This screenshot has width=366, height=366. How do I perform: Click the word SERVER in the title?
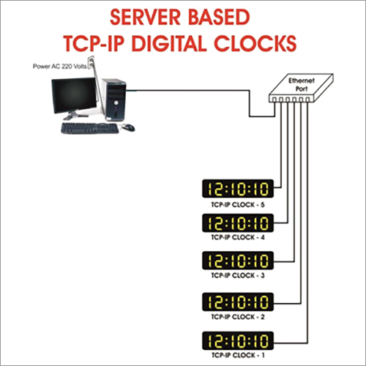pos(146,18)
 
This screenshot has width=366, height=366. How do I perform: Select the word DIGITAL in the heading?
pos(169,43)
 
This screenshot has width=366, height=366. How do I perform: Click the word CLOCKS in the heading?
pos(255,43)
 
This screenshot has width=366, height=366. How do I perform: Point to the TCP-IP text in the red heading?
pos(94,43)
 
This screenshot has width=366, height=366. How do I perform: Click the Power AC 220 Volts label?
pos(59,67)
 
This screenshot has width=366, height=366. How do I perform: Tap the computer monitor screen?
pos(74,95)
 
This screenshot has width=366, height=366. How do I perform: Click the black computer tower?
pos(114,100)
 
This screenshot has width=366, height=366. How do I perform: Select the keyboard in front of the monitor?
pos(90,128)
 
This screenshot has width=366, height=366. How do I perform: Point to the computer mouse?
pos(128,127)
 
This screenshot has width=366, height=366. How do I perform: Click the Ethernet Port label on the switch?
pos(302,84)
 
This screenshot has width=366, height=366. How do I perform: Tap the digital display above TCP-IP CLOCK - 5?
pos(238,189)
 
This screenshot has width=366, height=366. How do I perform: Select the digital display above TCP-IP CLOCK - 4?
pos(238,223)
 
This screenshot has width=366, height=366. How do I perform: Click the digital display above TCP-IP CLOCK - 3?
pos(238,261)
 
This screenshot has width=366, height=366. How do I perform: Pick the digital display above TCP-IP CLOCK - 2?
pos(238,302)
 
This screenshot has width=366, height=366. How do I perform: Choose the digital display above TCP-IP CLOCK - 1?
pos(238,340)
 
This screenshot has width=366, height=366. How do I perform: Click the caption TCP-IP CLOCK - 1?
pos(238,355)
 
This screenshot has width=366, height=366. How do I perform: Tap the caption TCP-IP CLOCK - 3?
pos(238,275)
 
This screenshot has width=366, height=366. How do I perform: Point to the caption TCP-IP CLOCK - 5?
pos(238,205)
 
